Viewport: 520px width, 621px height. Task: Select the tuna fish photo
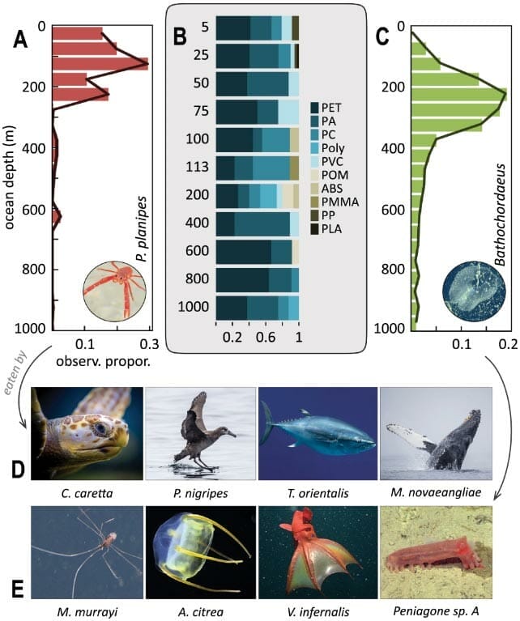click(318, 435)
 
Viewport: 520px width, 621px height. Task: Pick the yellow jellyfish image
click(198, 551)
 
